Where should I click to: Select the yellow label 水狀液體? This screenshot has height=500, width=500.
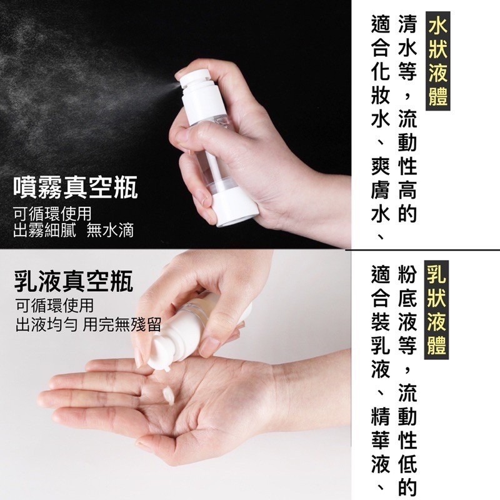(438, 62)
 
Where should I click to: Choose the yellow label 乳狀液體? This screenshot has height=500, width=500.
(437, 309)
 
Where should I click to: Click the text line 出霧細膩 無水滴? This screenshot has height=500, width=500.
(74, 230)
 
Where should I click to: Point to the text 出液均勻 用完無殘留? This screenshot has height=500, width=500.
(88, 324)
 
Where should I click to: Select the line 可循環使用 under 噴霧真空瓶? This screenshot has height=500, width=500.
(52, 214)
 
